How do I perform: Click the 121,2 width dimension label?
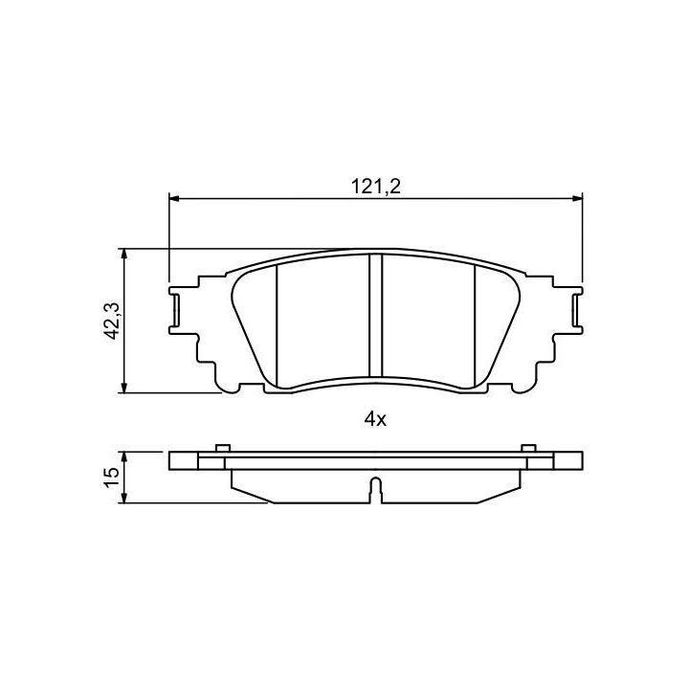click(x=376, y=187)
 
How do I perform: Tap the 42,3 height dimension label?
click(x=112, y=321)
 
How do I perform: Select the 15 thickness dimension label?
click(x=112, y=478)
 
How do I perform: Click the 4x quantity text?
click(x=375, y=420)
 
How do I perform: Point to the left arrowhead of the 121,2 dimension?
click(x=174, y=199)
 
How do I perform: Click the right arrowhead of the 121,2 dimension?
click(x=577, y=199)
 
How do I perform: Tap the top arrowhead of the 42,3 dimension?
click(x=124, y=254)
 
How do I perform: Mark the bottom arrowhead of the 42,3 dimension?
click(x=124, y=388)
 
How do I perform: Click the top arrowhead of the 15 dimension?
click(x=124, y=457)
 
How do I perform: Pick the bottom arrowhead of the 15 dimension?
click(x=124, y=498)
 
